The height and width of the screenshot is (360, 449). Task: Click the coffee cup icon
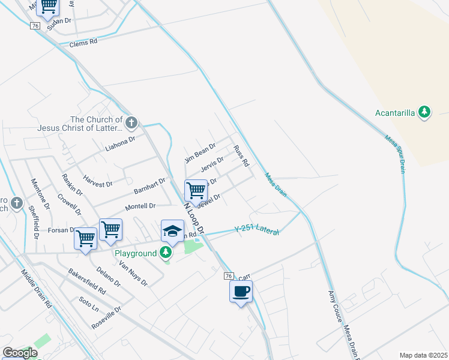coord(241,292)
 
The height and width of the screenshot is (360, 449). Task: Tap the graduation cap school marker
coord(172,231)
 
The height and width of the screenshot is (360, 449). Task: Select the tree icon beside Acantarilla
coord(424,112)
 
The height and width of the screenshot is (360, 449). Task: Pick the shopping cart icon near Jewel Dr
coord(196,191)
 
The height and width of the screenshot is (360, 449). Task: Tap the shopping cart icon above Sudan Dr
coord(48,6)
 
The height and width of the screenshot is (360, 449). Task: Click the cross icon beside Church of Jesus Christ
coord(131,124)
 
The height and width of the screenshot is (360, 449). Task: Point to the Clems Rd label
coord(83,44)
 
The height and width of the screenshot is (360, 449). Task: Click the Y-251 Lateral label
coord(256,229)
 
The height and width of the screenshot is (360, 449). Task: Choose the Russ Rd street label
coord(241,155)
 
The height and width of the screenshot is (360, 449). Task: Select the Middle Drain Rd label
coord(37,288)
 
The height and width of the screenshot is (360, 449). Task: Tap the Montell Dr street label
coord(140,206)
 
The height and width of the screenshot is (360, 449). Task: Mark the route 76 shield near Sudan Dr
coord(35,26)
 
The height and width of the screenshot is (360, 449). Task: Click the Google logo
coord(19,353)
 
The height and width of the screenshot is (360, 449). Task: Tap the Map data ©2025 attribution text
coord(423,355)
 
